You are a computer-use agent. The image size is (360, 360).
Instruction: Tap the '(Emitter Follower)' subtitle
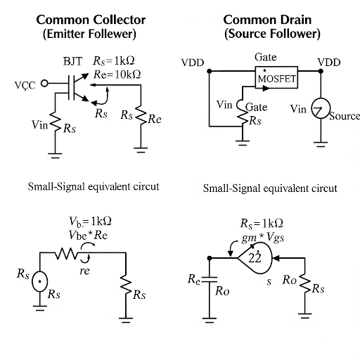[89, 33]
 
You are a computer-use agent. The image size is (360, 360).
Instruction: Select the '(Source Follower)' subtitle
[271, 33]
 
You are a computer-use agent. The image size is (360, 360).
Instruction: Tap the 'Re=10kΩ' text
[117, 74]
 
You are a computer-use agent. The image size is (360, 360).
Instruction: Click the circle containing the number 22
[255, 258]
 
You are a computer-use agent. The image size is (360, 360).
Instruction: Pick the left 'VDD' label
[193, 63]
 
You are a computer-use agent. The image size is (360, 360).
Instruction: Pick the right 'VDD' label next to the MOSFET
[328, 63]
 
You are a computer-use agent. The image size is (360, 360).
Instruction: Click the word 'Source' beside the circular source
[345, 115]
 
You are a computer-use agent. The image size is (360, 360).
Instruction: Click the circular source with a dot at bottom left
[41, 281]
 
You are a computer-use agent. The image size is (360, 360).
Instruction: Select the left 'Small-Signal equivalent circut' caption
[93, 187]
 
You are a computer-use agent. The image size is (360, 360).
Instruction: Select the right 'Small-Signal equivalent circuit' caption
[270, 188]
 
